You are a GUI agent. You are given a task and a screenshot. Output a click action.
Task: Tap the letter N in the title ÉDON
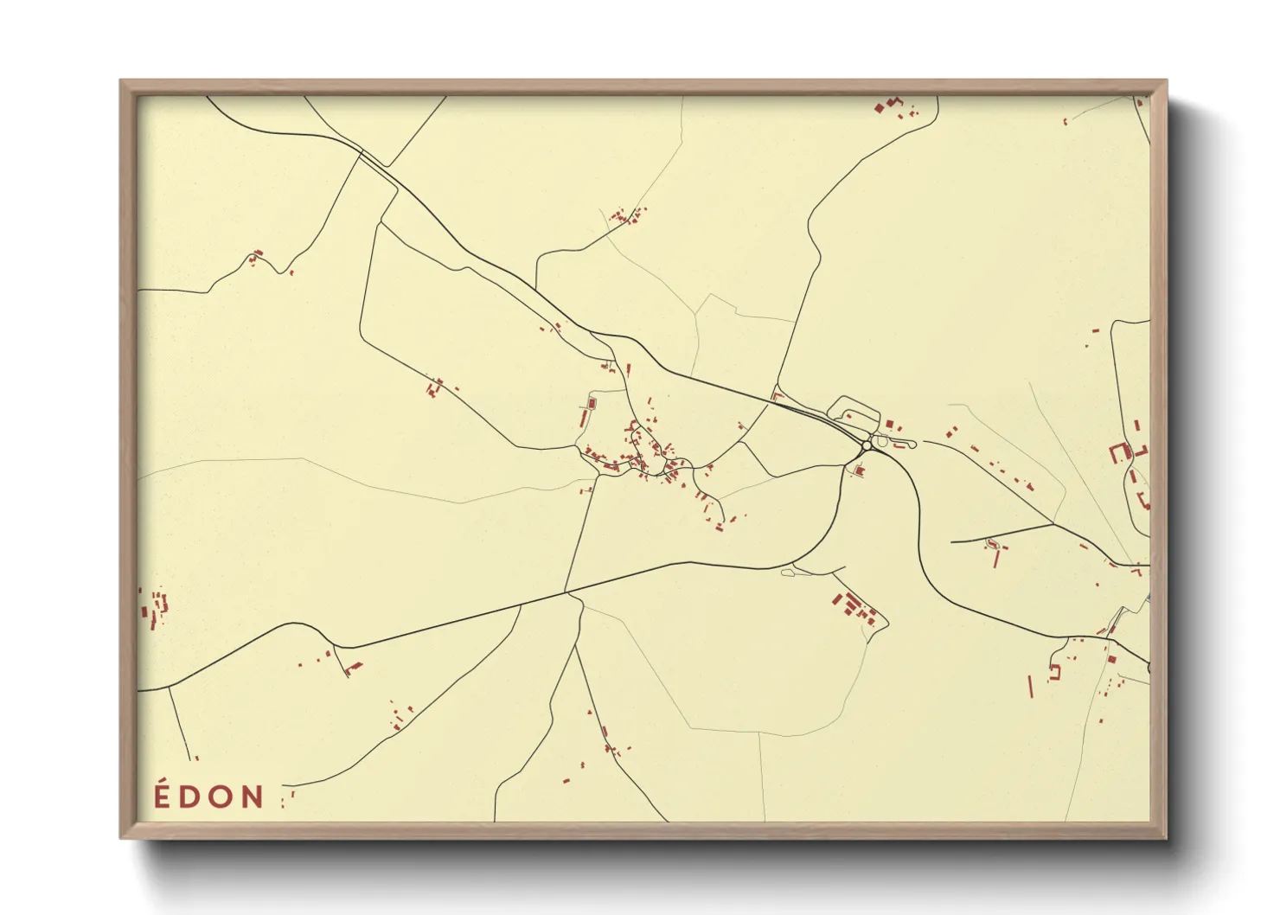pyautogui.click(x=252, y=797)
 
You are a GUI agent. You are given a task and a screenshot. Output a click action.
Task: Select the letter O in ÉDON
pyautogui.click(x=221, y=797)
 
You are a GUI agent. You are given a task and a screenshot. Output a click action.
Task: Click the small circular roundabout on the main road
pyautogui.click(x=867, y=445)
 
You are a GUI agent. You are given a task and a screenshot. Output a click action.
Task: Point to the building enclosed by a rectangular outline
pyautogui.click(x=592, y=403)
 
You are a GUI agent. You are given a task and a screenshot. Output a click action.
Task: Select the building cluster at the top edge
pyautogui.click(x=891, y=106)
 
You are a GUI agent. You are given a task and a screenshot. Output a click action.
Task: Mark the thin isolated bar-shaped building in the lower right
pyautogui.click(x=1030, y=686)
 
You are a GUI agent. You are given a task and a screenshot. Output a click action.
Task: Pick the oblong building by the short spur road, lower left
pyautogui.click(x=354, y=667)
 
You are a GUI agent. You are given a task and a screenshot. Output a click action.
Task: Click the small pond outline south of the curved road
pyautogui.click(x=787, y=572)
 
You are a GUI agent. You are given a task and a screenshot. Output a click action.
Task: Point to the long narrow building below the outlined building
pyautogui.click(x=583, y=419)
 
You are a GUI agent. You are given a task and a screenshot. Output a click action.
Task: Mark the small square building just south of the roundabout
pyautogui.click(x=859, y=470)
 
